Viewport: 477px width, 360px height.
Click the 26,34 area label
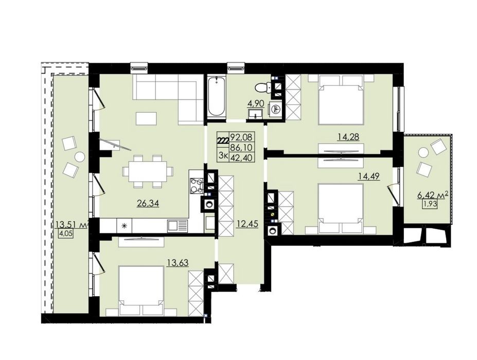(x=148, y=203)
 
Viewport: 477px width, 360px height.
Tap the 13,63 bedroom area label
(x=178, y=262)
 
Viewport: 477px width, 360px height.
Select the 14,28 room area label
(x=348, y=137)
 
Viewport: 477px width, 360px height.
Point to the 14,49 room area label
(x=369, y=176)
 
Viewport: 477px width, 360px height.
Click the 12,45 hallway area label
(x=248, y=224)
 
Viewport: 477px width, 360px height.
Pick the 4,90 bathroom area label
(x=256, y=103)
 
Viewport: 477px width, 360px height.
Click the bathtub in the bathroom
(x=216, y=96)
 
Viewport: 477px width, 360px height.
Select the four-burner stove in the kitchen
(x=197, y=186)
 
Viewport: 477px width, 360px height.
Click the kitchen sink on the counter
(x=178, y=226)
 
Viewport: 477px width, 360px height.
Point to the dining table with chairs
(x=148, y=172)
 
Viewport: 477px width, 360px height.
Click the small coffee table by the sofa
(x=147, y=118)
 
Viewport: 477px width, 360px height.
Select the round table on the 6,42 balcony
(x=423, y=152)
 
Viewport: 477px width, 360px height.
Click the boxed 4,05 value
(x=66, y=234)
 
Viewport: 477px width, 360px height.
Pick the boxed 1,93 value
(x=430, y=204)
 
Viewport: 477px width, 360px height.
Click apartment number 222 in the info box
(x=223, y=141)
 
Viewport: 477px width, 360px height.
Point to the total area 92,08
(x=242, y=136)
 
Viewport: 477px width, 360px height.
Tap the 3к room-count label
(x=224, y=156)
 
